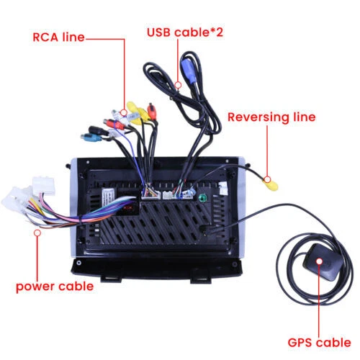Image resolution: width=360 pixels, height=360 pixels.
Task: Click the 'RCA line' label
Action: (x=58, y=37)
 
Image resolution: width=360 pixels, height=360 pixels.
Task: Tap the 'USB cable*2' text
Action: (x=185, y=32)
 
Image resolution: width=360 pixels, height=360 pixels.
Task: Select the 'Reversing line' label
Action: (x=271, y=117)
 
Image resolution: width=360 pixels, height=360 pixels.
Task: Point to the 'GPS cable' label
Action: (x=319, y=343)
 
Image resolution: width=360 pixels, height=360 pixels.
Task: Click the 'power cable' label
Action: (x=55, y=287)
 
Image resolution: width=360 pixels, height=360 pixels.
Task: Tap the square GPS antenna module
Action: (x=323, y=262)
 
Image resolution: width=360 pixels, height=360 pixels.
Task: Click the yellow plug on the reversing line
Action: (x=271, y=185)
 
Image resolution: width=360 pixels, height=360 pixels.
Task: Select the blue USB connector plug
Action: (x=189, y=71)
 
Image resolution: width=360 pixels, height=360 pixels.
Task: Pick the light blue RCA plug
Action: (x=91, y=138)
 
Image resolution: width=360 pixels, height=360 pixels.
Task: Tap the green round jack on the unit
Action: (x=202, y=198)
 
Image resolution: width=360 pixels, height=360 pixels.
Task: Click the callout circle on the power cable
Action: (x=37, y=233)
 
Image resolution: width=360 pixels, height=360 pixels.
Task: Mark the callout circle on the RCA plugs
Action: (x=124, y=112)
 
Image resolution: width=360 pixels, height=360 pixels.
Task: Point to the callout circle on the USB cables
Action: (x=178, y=85)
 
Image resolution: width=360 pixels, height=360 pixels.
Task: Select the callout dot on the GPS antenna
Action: (x=319, y=261)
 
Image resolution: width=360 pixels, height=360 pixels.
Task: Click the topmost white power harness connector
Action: (x=44, y=185)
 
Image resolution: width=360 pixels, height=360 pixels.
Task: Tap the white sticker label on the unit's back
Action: (x=108, y=197)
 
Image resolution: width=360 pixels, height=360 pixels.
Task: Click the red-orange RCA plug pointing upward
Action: (x=152, y=111)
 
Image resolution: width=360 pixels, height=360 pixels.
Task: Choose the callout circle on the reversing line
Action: (x=268, y=179)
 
